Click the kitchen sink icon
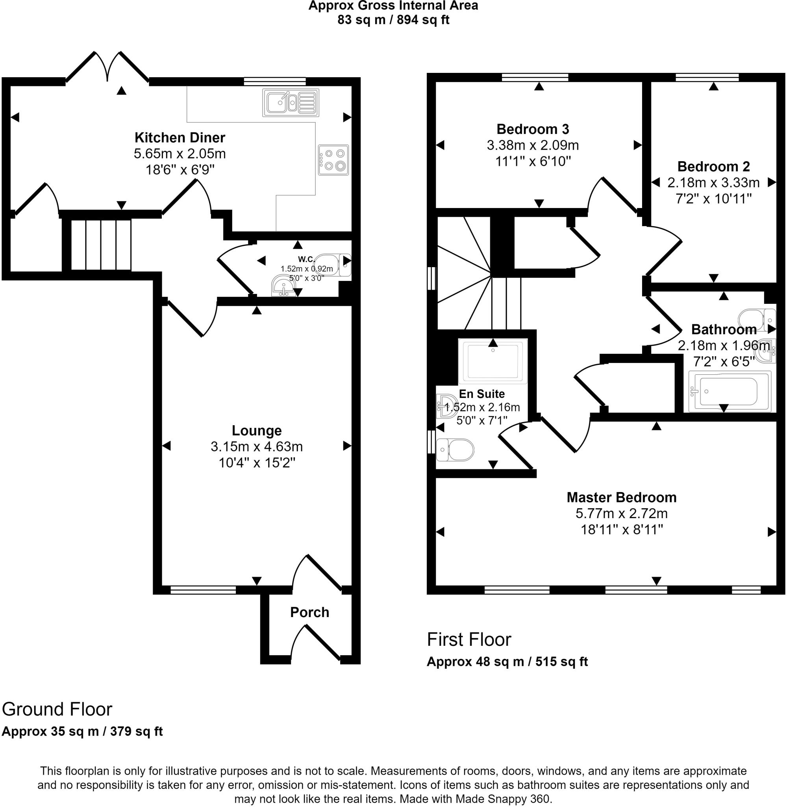(290, 102)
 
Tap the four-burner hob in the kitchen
(333, 160)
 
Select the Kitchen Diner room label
(180, 138)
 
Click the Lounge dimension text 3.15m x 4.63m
(256, 447)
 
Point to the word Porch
(309, 612)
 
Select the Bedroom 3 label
(532, 130)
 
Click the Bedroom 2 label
(713, 167)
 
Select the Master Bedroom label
(621, 497)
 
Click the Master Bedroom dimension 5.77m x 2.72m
(621, 513)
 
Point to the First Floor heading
(469, 640)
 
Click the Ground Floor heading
(57, 709)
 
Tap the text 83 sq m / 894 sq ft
(393, 20)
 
